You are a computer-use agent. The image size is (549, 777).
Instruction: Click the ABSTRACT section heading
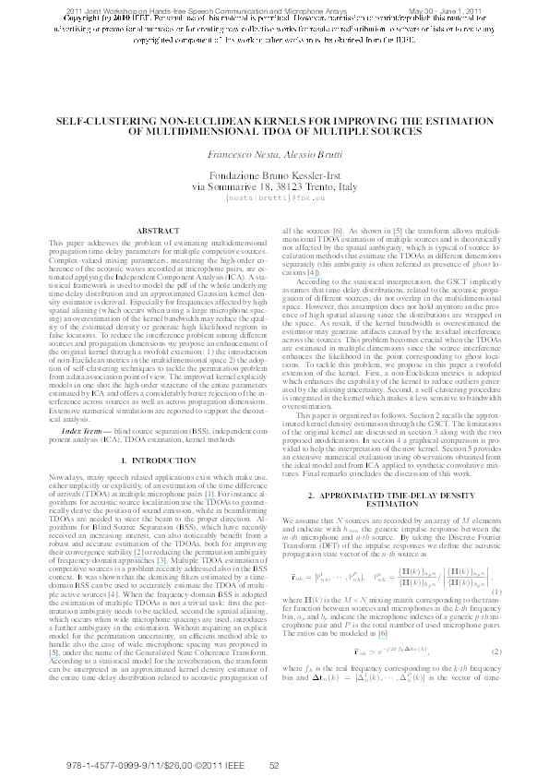point(150,229)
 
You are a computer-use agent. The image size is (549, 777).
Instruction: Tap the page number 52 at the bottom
point(274,765)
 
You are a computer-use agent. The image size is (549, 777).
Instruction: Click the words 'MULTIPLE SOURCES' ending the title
point(378,132)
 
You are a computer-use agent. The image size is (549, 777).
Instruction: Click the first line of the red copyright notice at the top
point(274,18)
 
